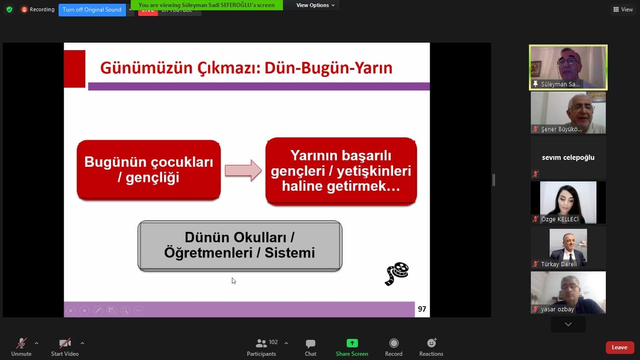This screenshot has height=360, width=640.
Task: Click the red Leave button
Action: coord(619,347)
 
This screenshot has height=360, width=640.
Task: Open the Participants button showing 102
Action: coord(261,347)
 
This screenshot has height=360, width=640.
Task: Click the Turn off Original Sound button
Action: coord(92,10)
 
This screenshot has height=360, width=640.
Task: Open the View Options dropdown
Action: coord(315,5)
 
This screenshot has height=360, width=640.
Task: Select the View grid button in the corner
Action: coord(623,9)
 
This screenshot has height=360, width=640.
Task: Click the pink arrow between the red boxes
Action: coord(243,170)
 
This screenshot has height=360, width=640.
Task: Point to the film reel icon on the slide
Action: coord(397,274)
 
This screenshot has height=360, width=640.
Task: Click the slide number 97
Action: coord(422,309)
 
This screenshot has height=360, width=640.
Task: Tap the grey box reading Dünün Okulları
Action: coord(239,246)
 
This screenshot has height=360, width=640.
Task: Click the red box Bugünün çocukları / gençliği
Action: coord(149,170)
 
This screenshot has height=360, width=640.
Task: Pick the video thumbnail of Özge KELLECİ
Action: coord(568,202)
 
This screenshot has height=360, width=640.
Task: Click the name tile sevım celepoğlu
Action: coord(568,157)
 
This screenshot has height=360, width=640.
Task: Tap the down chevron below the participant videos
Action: coord(568,324)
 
